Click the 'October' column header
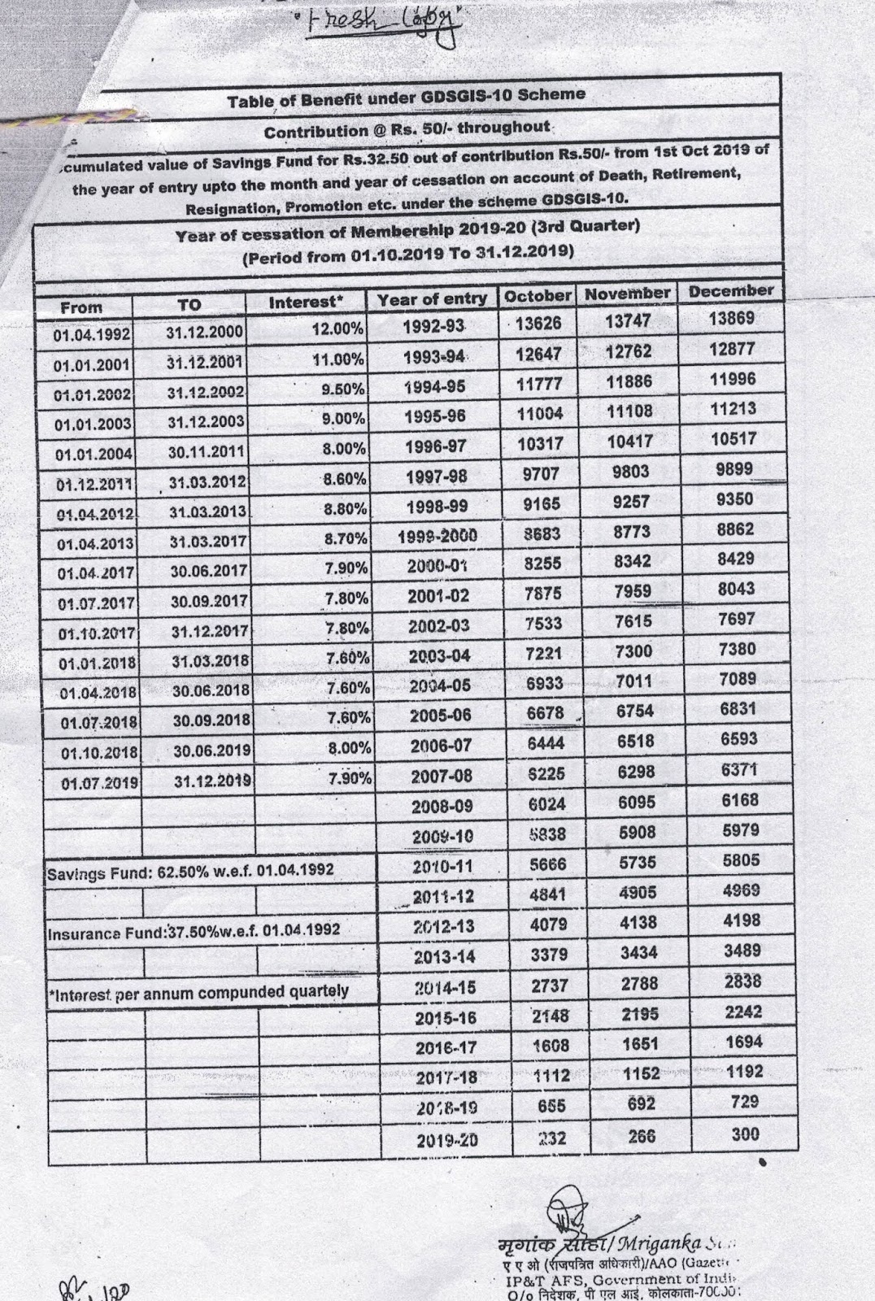point(538,296)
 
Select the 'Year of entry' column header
point(432,299)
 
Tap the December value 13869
point(731,319)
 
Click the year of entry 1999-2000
point(437,536)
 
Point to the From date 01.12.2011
point(95,485)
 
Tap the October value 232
point(553,1138)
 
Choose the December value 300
point(744,1133)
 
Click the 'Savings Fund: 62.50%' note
point(190,869)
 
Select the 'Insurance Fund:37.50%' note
point(194,930)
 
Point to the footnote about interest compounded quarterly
point(199,992)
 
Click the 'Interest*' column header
point(306,302)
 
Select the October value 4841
point(548,896)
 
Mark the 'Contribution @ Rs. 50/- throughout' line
point(407,129)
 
